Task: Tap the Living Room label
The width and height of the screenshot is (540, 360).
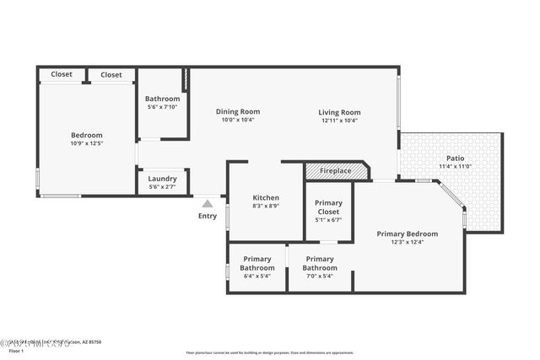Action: [339, 112]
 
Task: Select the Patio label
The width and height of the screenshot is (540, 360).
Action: [455, 159]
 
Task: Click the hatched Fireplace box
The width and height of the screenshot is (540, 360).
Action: [336, 171]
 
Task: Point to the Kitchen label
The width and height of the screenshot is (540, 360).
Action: [266, 197]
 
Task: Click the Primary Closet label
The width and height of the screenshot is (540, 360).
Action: [328, 207]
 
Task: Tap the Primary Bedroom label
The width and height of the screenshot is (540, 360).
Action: [408, 234]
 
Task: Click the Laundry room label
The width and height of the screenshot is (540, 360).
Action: [162, 178]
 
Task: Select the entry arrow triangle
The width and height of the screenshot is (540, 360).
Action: [208, 202]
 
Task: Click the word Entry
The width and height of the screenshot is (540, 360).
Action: [208, 216]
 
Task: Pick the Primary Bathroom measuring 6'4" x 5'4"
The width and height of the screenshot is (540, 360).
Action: [257, 263]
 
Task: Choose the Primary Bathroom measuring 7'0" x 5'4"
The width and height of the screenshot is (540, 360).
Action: [320, 263]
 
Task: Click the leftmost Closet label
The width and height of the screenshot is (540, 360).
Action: [62, 74]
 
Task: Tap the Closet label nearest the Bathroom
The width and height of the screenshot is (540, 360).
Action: [111, 74]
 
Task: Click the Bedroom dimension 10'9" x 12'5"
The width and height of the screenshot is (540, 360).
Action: [86, 143]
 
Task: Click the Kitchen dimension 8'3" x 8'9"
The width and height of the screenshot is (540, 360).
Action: [266, 206]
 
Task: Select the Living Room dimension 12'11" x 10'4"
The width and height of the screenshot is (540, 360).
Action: [339, 121]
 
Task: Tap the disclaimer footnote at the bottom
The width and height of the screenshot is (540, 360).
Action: [270, 352]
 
